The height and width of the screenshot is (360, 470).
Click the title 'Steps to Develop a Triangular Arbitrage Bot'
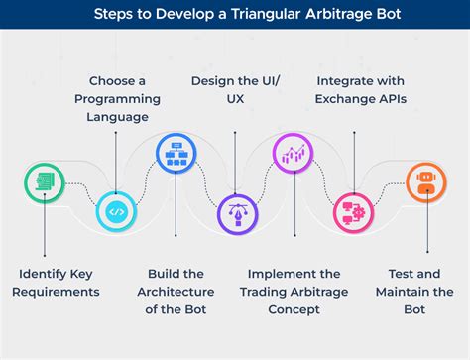234,15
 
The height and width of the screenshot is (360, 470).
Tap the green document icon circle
44,183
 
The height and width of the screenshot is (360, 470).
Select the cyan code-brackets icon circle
116,211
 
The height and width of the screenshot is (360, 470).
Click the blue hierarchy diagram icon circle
176,154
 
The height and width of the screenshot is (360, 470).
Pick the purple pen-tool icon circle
235,212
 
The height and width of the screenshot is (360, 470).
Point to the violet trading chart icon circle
294,154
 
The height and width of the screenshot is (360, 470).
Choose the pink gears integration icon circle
353,211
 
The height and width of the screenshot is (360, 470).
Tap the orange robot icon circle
425,183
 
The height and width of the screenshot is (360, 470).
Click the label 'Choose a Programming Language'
117,99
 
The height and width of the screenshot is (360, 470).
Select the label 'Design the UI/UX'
234,89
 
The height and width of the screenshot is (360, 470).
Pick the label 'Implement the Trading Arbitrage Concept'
294,291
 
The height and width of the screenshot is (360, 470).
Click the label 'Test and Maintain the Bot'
414,291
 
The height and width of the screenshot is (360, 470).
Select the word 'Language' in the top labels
117,117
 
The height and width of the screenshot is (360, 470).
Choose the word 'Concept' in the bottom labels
294,309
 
